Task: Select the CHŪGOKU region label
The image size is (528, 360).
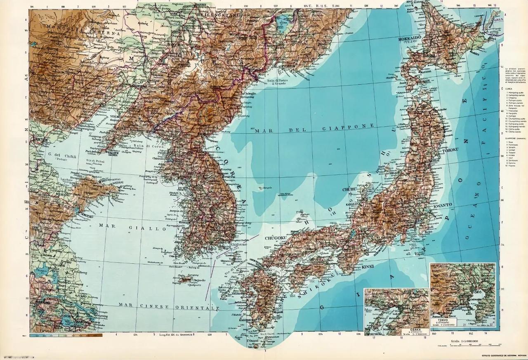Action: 275,238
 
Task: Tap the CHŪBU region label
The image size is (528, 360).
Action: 349,190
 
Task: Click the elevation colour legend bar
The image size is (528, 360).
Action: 66,336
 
